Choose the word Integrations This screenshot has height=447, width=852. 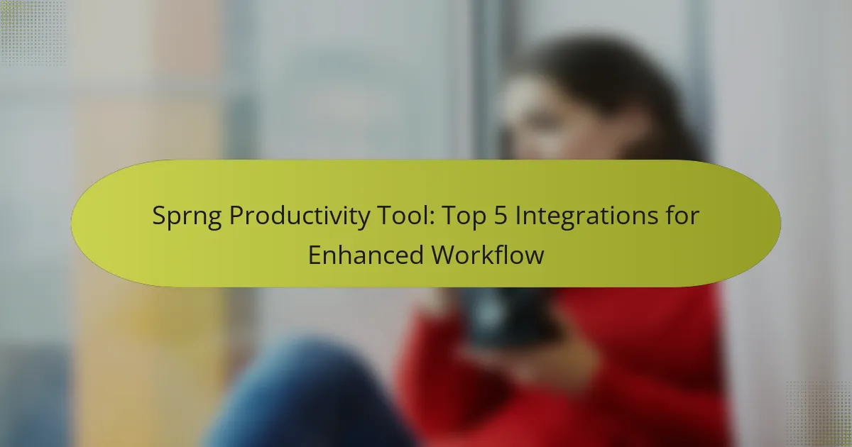pyautogui.click(x=584, y=217)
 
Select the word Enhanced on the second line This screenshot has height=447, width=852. pyautogui.click(x=366, y=255)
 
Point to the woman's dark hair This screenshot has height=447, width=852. pyautogui.click(x=639, y=92)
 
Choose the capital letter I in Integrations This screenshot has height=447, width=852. pyautogui.click(x=517, y=217)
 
